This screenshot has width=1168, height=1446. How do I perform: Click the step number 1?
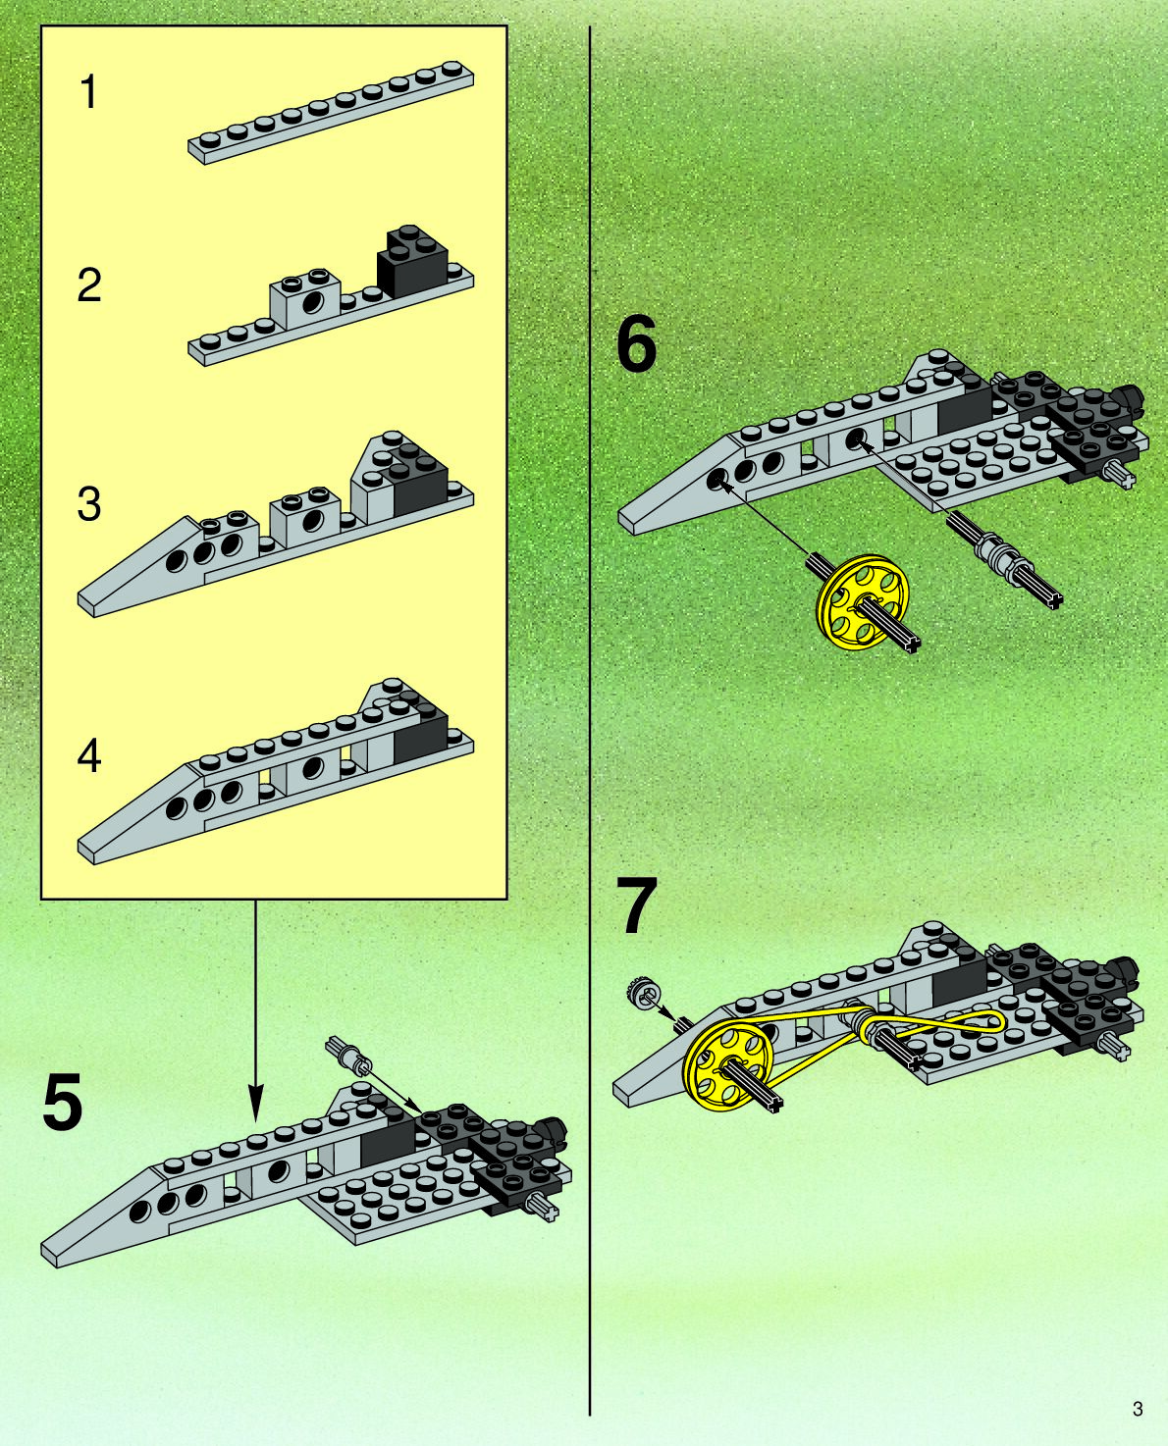89,93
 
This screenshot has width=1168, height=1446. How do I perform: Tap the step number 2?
89,285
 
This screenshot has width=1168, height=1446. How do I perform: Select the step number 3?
89,504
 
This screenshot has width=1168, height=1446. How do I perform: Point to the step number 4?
89,756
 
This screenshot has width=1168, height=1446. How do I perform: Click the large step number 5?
63,1104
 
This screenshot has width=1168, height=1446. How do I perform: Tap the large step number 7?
636,907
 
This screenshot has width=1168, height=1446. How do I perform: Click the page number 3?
1138,1410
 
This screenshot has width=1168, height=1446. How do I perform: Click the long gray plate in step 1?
332,113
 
